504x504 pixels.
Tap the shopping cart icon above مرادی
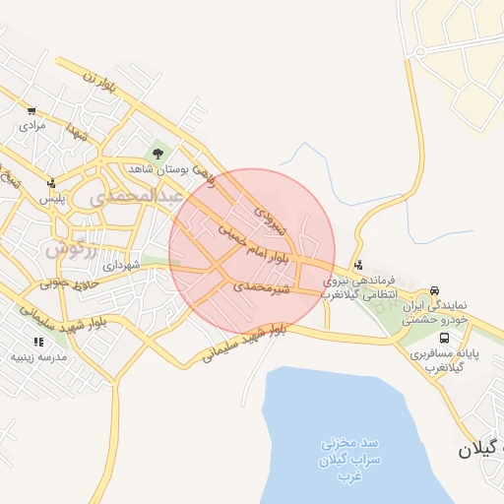pyautogui.click(x=32, y=111)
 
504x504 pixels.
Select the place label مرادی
pyautogui.click(x=32, y=126)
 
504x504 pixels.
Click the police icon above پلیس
pyautogui.click(x=51, y=182)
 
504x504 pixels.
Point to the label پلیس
pyautogui.click(x=51, y=198)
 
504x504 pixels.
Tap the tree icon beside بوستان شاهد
pyautogui.click(x=157, y=153)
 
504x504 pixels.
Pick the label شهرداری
pyautogui.click(x=123, y=266)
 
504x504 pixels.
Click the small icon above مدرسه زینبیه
pyautogui.click(x=39, y=342)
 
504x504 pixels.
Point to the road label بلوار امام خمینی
pyautogui.click(x=254, y=243)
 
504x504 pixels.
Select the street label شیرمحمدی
pyautogui.click(x=263, y=287)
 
